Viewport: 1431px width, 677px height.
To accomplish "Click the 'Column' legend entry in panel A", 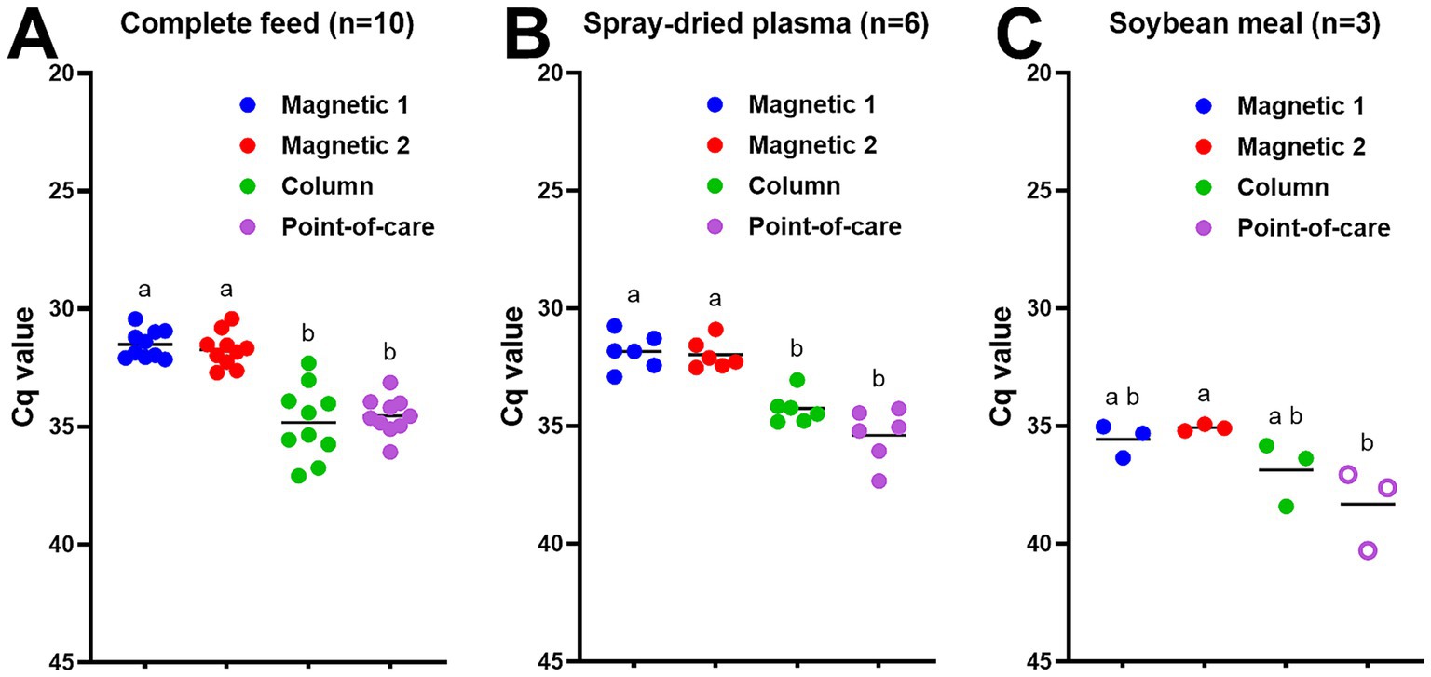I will click(326, 185).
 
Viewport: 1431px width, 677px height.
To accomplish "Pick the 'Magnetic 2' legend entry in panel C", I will click(1301, 146).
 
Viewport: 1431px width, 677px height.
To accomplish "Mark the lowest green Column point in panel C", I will click(1287, 507).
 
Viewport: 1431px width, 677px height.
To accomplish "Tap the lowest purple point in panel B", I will click(879, 481).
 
